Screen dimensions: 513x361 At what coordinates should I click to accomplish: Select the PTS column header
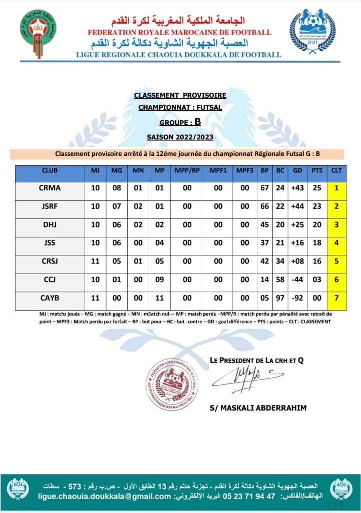coord(317,170)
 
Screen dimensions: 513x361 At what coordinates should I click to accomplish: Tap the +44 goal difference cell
coord(297,206)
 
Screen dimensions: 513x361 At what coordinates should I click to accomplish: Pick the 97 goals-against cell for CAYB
coord(280,298)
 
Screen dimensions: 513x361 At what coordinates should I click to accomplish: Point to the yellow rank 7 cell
coord(336,298)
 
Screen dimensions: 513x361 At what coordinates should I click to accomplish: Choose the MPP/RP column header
coord(187,170)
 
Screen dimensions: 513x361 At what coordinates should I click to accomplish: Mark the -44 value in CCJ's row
coord(297,280)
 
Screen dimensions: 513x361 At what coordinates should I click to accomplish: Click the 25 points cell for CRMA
coord(317,188)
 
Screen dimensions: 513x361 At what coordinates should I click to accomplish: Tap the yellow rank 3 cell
coord(336,225)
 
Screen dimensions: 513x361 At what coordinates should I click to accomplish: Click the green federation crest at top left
coord(38,31)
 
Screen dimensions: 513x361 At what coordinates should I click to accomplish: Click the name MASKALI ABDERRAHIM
coord(258,408)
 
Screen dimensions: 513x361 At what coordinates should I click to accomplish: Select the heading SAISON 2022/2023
coord(180,136)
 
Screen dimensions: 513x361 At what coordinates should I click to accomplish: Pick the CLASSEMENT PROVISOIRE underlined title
coord(180,95)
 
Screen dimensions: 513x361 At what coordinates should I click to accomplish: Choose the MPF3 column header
coord(245,170)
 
